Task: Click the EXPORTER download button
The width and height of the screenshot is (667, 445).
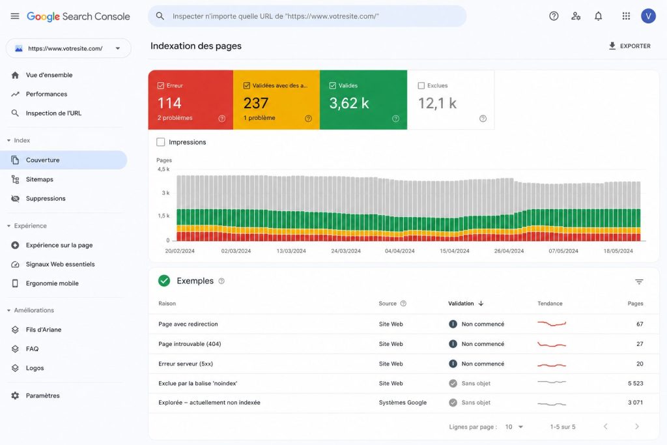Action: (x=629, y=46)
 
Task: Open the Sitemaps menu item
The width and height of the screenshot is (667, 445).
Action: (x=39, y=180)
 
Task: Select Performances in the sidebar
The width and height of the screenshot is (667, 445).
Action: (x=46, y=94)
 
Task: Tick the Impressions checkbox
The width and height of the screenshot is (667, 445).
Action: (x=160, y=142)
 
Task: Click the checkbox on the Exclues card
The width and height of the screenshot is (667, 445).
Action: (x=421, y=85)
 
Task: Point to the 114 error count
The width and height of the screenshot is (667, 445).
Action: (x=169, y=103)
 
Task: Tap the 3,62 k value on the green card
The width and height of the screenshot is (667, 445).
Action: (x=349, y=103)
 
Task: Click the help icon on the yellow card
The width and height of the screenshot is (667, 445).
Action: (x=308, y=119)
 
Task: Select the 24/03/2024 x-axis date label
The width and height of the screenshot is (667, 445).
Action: (x=346, y=251)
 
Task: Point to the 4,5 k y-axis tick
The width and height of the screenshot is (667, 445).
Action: (x=163, y=169)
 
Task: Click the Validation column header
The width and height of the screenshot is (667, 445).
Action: (x=461, y=304)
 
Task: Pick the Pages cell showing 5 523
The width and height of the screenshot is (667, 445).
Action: (x=635, y=383)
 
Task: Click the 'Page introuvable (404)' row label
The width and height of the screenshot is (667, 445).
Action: (x=190, y=344)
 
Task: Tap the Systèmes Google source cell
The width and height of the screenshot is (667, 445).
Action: (x=403, y=403)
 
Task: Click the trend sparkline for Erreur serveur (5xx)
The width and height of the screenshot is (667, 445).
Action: (x=552, y=365)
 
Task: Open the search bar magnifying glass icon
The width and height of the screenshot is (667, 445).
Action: (x=160, y=16)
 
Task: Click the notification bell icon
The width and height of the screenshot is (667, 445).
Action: (x=598, y=16)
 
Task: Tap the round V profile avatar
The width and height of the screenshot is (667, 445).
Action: (x=648, y=16)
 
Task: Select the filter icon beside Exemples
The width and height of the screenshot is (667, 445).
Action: (x=639, y=281)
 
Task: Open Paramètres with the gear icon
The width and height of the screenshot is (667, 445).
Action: (x=16, y=395)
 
